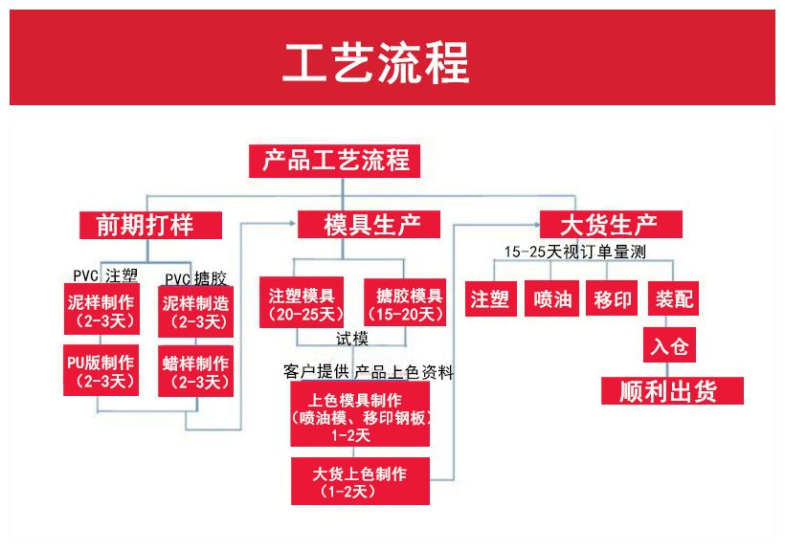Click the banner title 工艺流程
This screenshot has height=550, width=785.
click(376, 62)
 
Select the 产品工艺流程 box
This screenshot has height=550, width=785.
click(335, 160)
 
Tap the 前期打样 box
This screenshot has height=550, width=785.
click(150, 225)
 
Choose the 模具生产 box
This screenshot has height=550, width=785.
click(369, 225)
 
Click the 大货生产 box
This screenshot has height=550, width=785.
click(611, 225)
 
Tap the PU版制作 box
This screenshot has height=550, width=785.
click(101, 372)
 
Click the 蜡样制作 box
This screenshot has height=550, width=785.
click(195, 372)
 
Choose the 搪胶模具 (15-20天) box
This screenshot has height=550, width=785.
click(404, 303)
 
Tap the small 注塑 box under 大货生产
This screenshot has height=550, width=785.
click(490, 299)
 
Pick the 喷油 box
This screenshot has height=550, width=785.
click(552, 299)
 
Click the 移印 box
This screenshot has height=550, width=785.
click(613, 299)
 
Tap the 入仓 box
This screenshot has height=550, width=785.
click(669, 345)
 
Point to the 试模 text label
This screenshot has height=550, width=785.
click(351, 339)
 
